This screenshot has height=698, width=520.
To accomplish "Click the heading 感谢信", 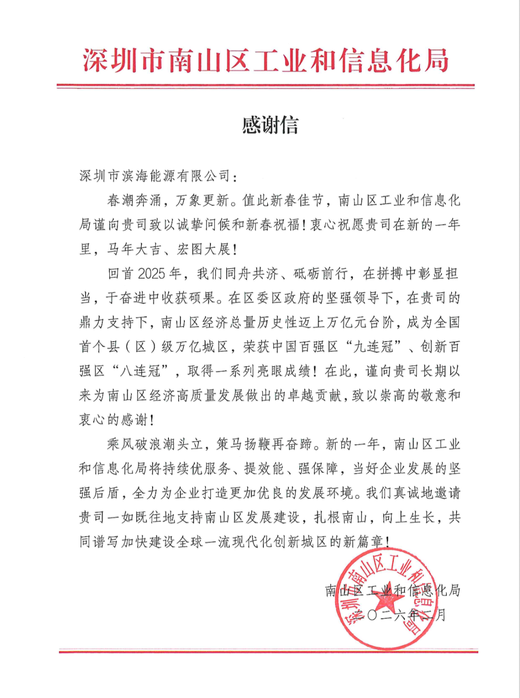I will tap(270, 126).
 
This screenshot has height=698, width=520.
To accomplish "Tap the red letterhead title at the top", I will tap(265, 61).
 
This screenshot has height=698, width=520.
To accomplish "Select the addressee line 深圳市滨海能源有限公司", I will tap(155, 176).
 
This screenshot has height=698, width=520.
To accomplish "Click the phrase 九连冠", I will tap(374, 347).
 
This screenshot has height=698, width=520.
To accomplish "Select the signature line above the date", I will tap(392, 591).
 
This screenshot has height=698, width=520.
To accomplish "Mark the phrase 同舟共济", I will tap(252, 274).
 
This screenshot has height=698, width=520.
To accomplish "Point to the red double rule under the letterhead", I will tap(265, 87).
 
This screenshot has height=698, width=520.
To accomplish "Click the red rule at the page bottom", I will tap(268, 652).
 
